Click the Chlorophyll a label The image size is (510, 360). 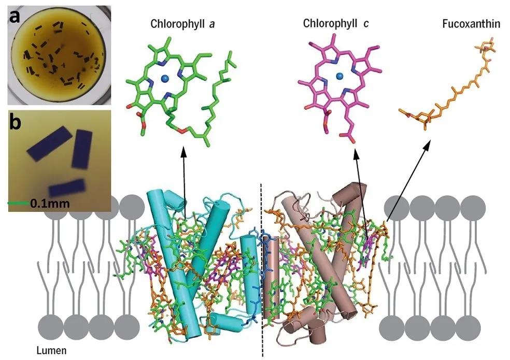point(176,24)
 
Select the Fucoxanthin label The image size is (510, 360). point(462,24)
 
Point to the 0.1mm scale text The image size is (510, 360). point(49,204)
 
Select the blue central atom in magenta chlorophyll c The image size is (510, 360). point(340,77)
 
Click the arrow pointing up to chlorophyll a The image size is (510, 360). point(184,181)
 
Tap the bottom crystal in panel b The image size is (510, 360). point(66,189)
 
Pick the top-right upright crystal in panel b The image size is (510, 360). point(81,150)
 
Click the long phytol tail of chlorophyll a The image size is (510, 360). point(218,109)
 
